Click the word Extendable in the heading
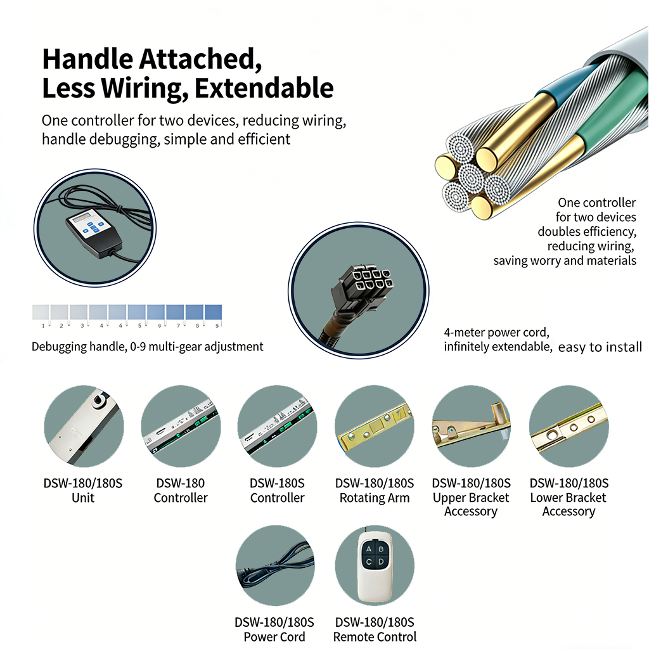pos(264,87)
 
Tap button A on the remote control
pos(368,549)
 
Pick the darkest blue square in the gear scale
pos(213,312)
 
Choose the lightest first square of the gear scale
pos(41,312)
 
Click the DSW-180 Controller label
pos(181,490)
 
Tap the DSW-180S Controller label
pos(278,490)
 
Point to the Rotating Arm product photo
pos(374,427)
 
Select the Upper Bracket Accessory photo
pos(471,427)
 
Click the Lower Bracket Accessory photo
pos(569,427)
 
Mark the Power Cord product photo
pos(275,565)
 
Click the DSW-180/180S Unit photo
pos(84,427)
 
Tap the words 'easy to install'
pos(600,347)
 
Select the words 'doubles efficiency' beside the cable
pos(587,231)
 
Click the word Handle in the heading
pos(87,59)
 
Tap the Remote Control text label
pos(375,636)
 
